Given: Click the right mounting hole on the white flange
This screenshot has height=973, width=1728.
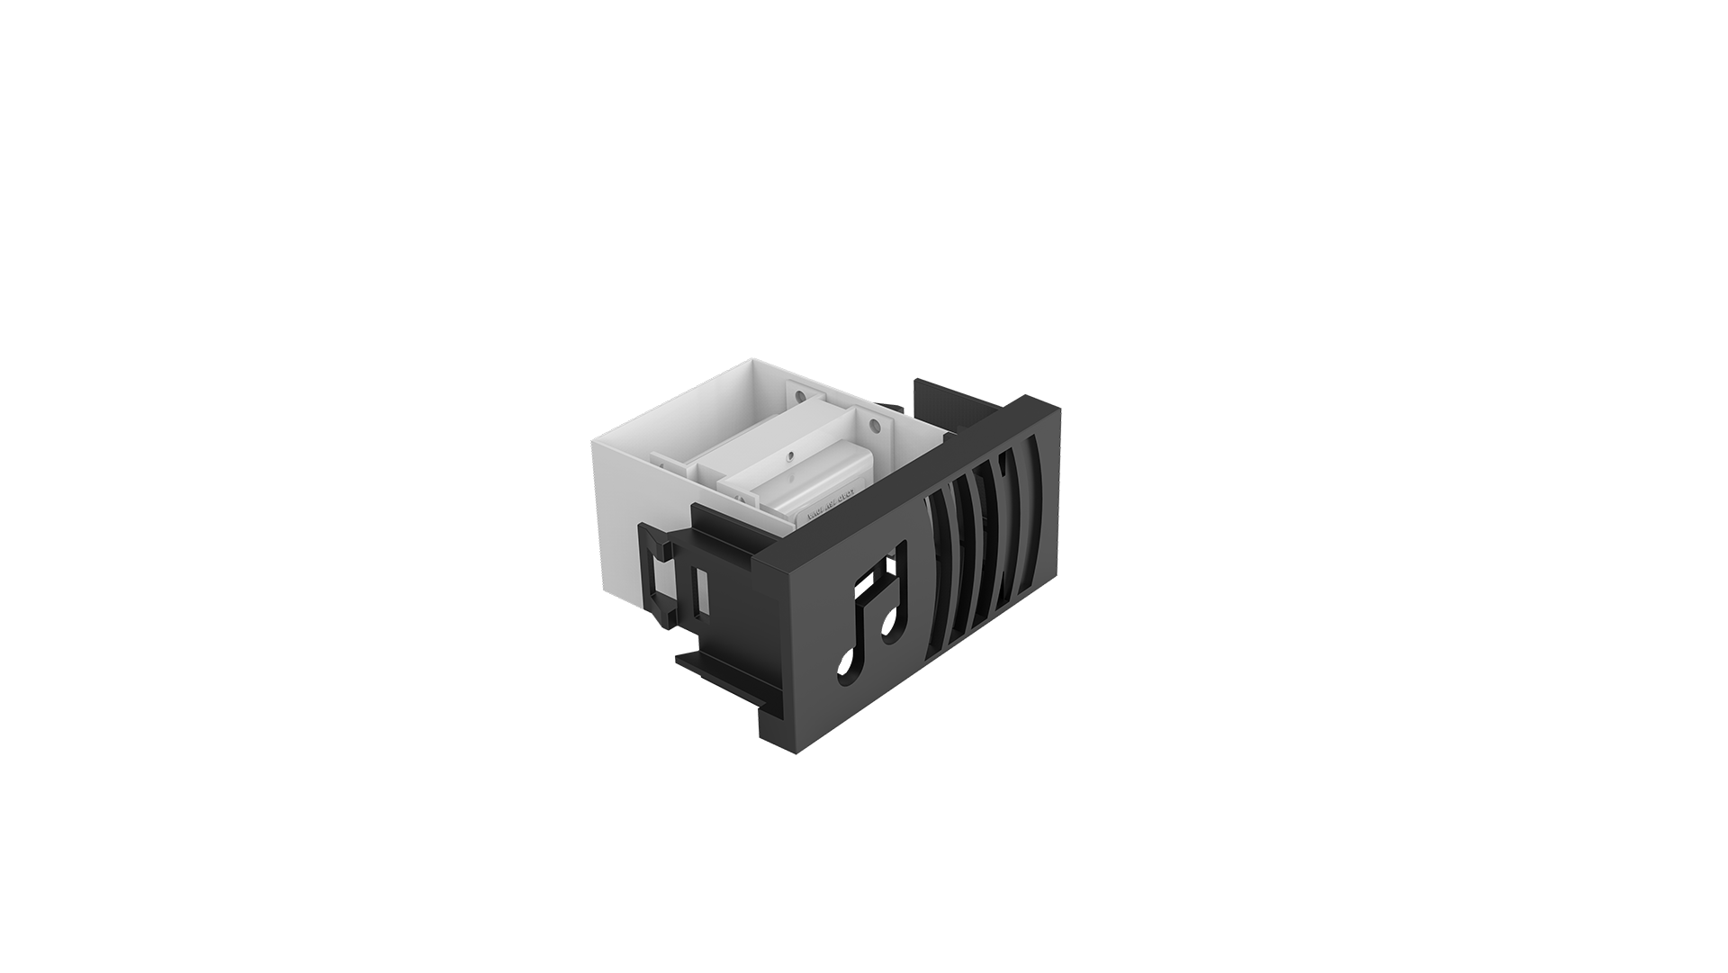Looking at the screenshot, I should tap(871, 424).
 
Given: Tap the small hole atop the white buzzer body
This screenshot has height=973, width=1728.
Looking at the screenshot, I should tap(789, 455).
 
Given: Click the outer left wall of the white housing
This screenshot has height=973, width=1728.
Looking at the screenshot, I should tap(621, 513).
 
